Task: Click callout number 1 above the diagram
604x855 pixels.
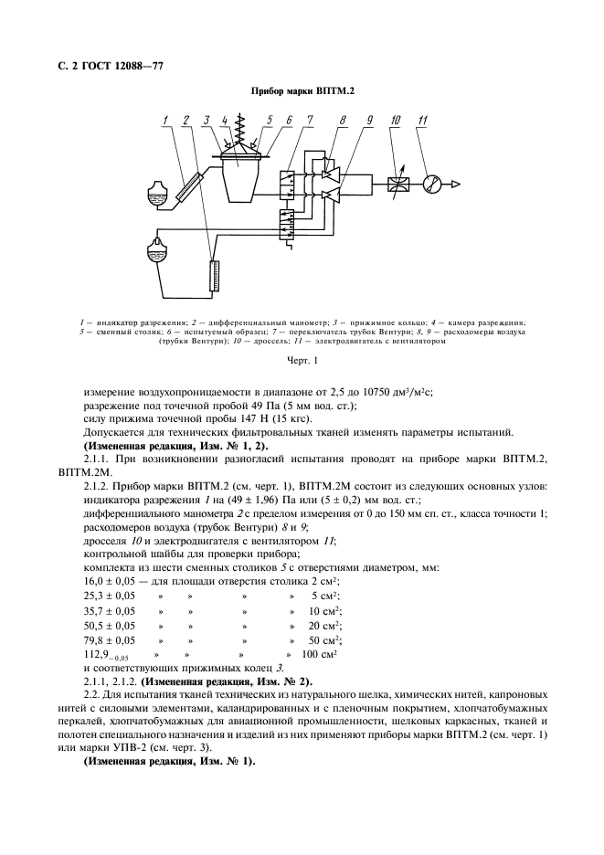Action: coord(165,121)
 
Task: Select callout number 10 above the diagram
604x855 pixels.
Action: coord(395,121)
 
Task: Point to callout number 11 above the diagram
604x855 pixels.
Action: coord(421,121)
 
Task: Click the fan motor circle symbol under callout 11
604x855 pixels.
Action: coord(432,184)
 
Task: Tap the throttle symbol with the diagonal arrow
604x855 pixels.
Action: coord(397,184)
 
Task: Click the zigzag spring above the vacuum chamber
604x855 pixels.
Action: coord(240,128)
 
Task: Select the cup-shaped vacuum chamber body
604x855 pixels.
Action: coord(240,177)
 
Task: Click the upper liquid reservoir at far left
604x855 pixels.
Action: coord(156,194)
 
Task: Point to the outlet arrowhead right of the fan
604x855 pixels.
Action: coord(459,184)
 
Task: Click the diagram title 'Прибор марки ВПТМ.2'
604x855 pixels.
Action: coord(302,90)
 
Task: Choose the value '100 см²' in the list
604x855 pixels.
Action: coord(319,654)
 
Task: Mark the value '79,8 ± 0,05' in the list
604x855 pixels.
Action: coord(109,639)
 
